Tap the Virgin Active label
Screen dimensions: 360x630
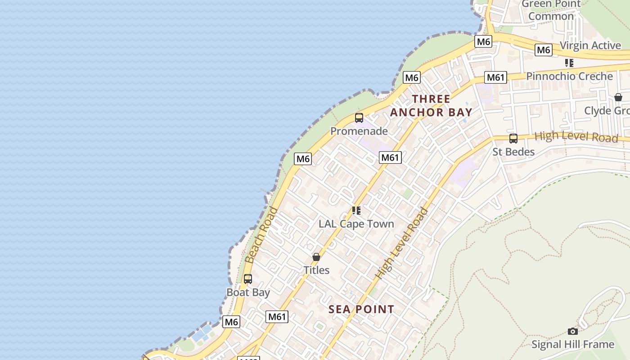click(590, 45)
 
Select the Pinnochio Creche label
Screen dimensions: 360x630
click(569, 76)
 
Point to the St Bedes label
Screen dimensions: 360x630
click(513, 152)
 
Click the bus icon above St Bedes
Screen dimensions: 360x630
click(513, 138)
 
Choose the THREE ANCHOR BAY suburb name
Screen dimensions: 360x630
click(431, 106)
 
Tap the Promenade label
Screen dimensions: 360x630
click(359, 131)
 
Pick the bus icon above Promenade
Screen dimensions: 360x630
click(359, 118)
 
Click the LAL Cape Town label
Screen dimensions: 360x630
click(356, 224)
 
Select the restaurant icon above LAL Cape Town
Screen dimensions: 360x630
click(356, 210)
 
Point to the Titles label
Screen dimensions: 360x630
click(316, 270)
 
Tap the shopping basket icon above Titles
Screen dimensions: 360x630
click(316, 257)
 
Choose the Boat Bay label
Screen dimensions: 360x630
click(248, 292)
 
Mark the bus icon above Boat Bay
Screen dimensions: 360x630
click(248, 279)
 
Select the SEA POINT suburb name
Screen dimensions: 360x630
click(361, 309)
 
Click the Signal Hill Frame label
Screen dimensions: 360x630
click(572, 344)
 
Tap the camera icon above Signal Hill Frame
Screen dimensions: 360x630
click(572, 331)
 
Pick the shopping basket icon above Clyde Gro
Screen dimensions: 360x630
click(618, 97)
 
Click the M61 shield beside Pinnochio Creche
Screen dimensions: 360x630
click(495, 77)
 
